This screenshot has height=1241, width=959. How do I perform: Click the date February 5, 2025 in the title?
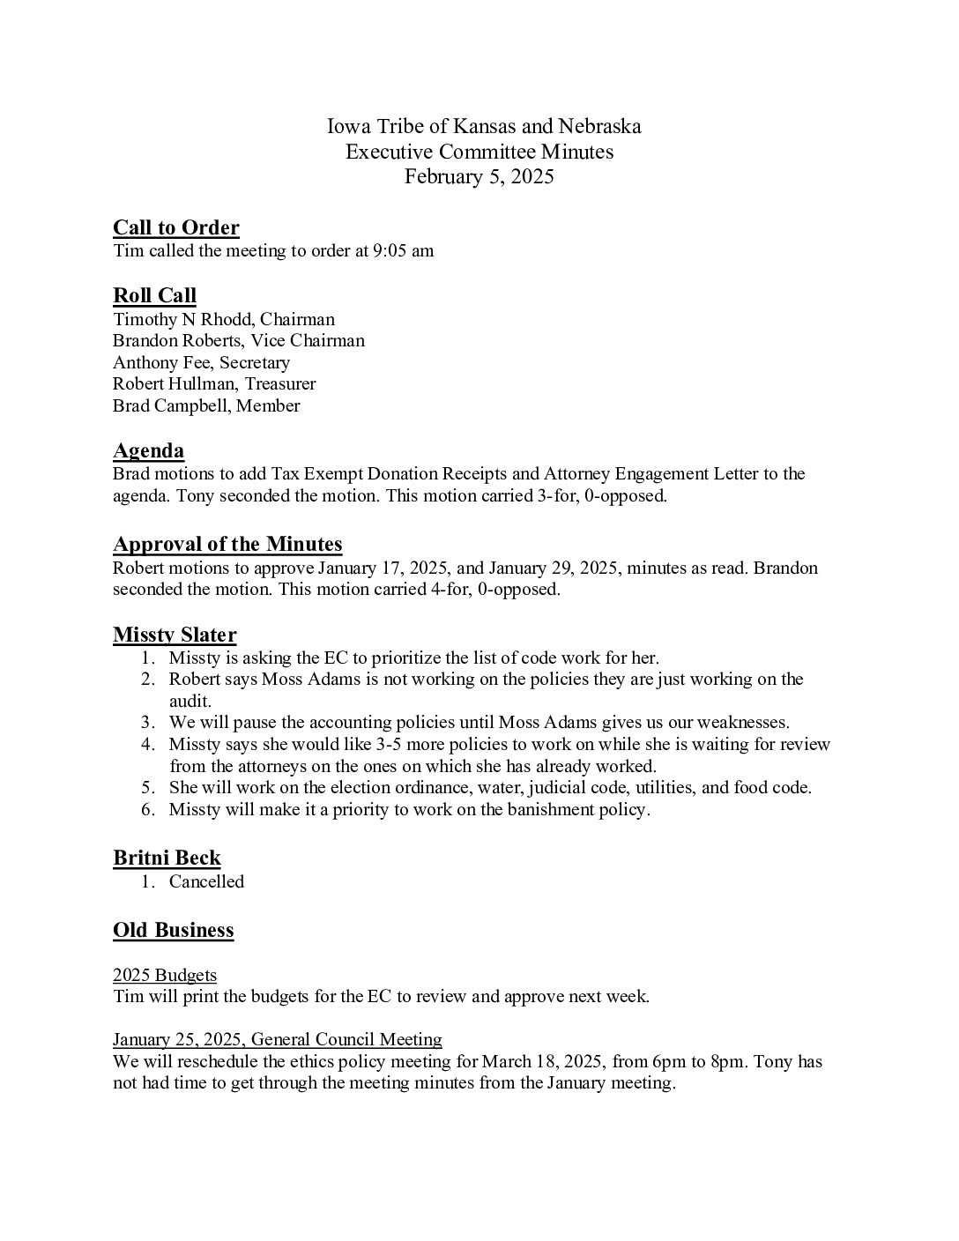[x=479, y=176]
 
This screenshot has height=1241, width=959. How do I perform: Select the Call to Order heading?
[x=176, y=227]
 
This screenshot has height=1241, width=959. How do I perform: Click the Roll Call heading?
[x=154, y=295]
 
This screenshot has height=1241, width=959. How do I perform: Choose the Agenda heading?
[x=148, y=451]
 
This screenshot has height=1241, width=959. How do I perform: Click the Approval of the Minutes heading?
[x=227, y=544]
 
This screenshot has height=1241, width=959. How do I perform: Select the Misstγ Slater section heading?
[x=175, y=635]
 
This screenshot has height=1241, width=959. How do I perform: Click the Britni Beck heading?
[x=167, y=858]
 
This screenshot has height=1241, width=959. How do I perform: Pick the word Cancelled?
[x=206, y=881]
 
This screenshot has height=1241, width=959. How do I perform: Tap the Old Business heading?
[x=174, y=930]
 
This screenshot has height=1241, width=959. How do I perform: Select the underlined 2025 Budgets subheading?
[x=165, y=975]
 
